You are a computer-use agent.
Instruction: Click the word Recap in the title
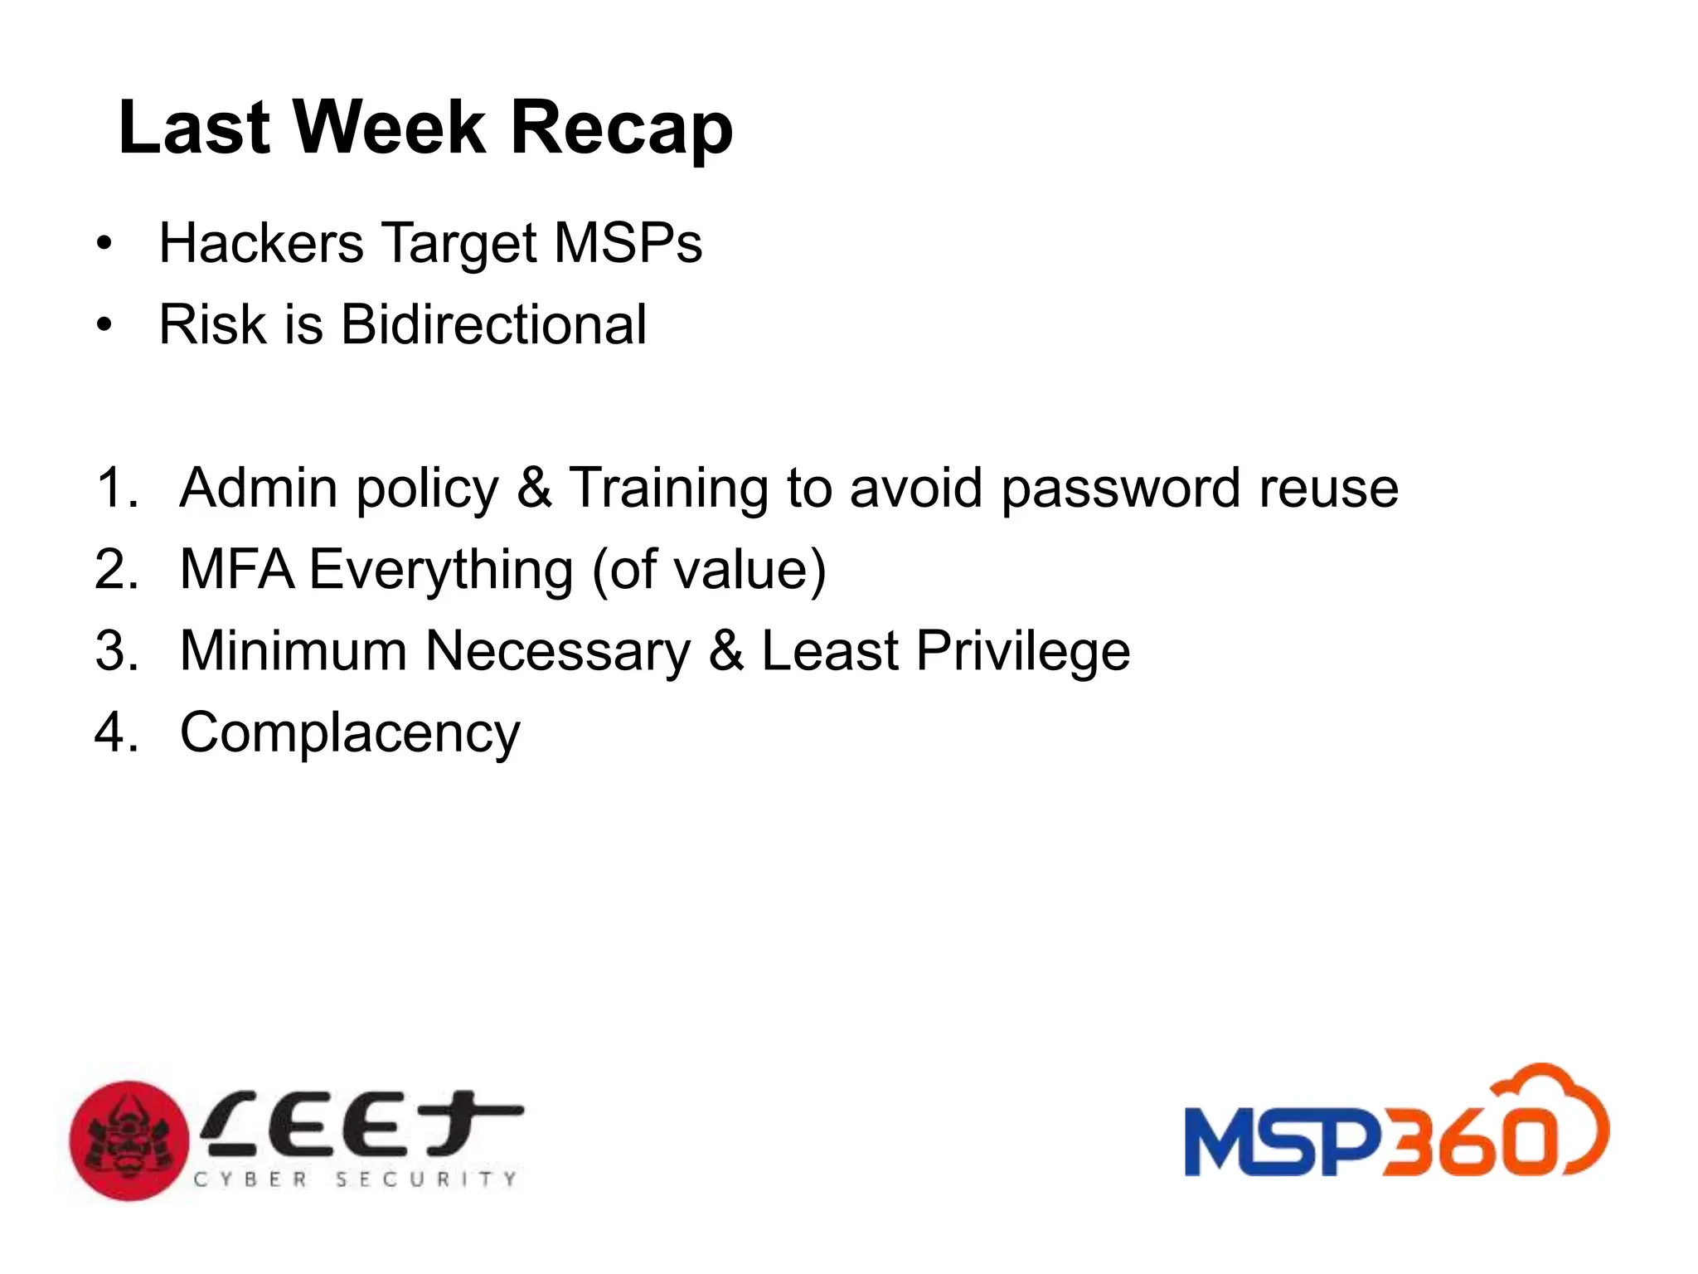621,129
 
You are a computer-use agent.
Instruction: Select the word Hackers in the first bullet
261,243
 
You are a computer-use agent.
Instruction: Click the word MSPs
628,243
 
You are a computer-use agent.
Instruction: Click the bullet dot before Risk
104,325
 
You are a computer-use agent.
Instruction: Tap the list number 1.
114,487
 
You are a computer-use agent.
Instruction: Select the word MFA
236,570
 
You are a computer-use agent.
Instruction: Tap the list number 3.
115,651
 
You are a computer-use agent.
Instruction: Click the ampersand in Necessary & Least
726,651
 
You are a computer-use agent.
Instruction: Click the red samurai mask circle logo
129,1140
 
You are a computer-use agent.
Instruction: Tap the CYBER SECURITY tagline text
356,1179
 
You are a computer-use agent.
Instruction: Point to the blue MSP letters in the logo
1282,1144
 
